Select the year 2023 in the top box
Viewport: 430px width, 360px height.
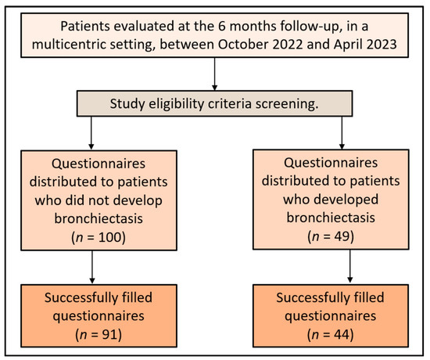[381, 44]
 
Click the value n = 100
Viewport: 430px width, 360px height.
[99, 237]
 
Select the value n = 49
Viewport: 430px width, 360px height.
[331, 236]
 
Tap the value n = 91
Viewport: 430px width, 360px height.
[99, 334]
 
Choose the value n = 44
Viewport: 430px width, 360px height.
[331, 334]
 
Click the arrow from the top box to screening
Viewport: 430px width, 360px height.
[215, 74]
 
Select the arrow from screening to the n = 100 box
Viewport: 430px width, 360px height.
[91, 133]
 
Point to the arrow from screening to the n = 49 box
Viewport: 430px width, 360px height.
[342, 133]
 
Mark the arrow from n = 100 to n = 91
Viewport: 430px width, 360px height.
[92, 267]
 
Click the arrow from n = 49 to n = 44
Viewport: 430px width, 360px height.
[350, 266]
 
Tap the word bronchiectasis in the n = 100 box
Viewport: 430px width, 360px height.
[99, 218]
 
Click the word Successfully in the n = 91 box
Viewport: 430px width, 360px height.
[81, 298]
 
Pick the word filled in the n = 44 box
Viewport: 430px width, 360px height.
[367, 297]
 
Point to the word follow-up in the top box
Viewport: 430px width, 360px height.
[311, 27]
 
